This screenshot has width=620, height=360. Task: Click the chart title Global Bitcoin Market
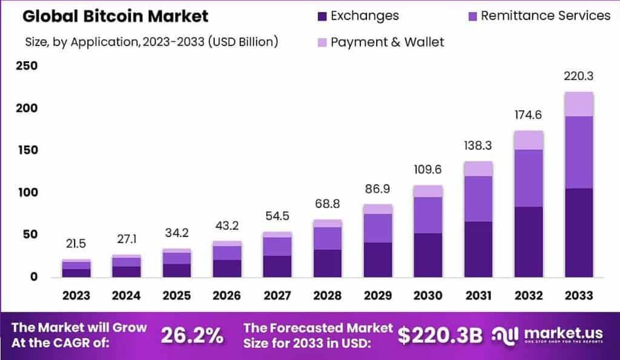(x=115, y=16)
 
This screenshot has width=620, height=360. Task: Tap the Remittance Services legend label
(x=546, y=16)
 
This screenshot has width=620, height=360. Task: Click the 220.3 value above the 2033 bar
(x=578, y=77)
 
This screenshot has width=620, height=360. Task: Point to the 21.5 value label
(x=76, y=244)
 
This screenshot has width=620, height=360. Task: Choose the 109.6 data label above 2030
(x=427, y=170)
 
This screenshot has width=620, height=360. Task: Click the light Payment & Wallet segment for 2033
(x=578, y=104)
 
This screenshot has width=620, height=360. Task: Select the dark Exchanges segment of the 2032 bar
(x=528, y=241)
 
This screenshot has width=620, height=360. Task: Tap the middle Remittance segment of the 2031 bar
(x=478, y=198)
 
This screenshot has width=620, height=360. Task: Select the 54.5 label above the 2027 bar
(x=277, y=216)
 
